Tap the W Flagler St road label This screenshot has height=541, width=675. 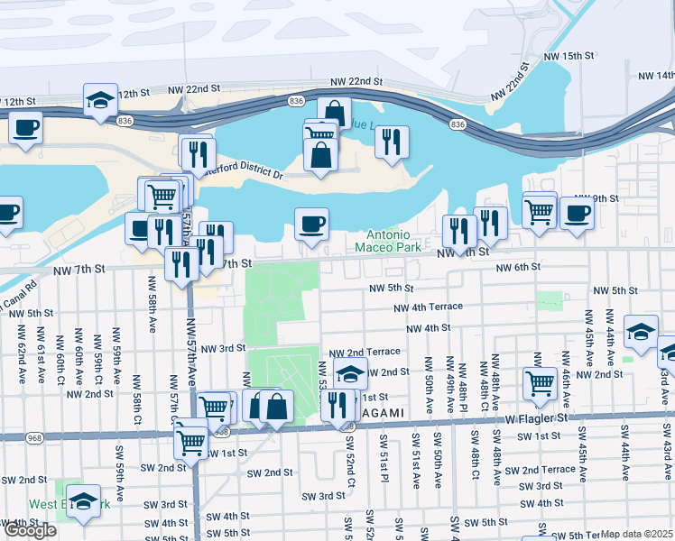539,418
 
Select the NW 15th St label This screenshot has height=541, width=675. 569,56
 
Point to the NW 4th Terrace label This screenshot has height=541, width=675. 428,307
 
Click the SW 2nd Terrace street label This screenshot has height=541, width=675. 540,470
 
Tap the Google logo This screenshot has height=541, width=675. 29,530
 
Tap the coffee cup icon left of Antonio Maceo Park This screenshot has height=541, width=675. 311,224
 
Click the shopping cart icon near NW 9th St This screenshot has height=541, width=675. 539,212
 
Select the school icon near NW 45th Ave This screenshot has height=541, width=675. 641,331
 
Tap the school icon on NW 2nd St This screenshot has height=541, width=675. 349,372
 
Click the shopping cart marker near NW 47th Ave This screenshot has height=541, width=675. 540,381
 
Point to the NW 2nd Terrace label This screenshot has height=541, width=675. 364,353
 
